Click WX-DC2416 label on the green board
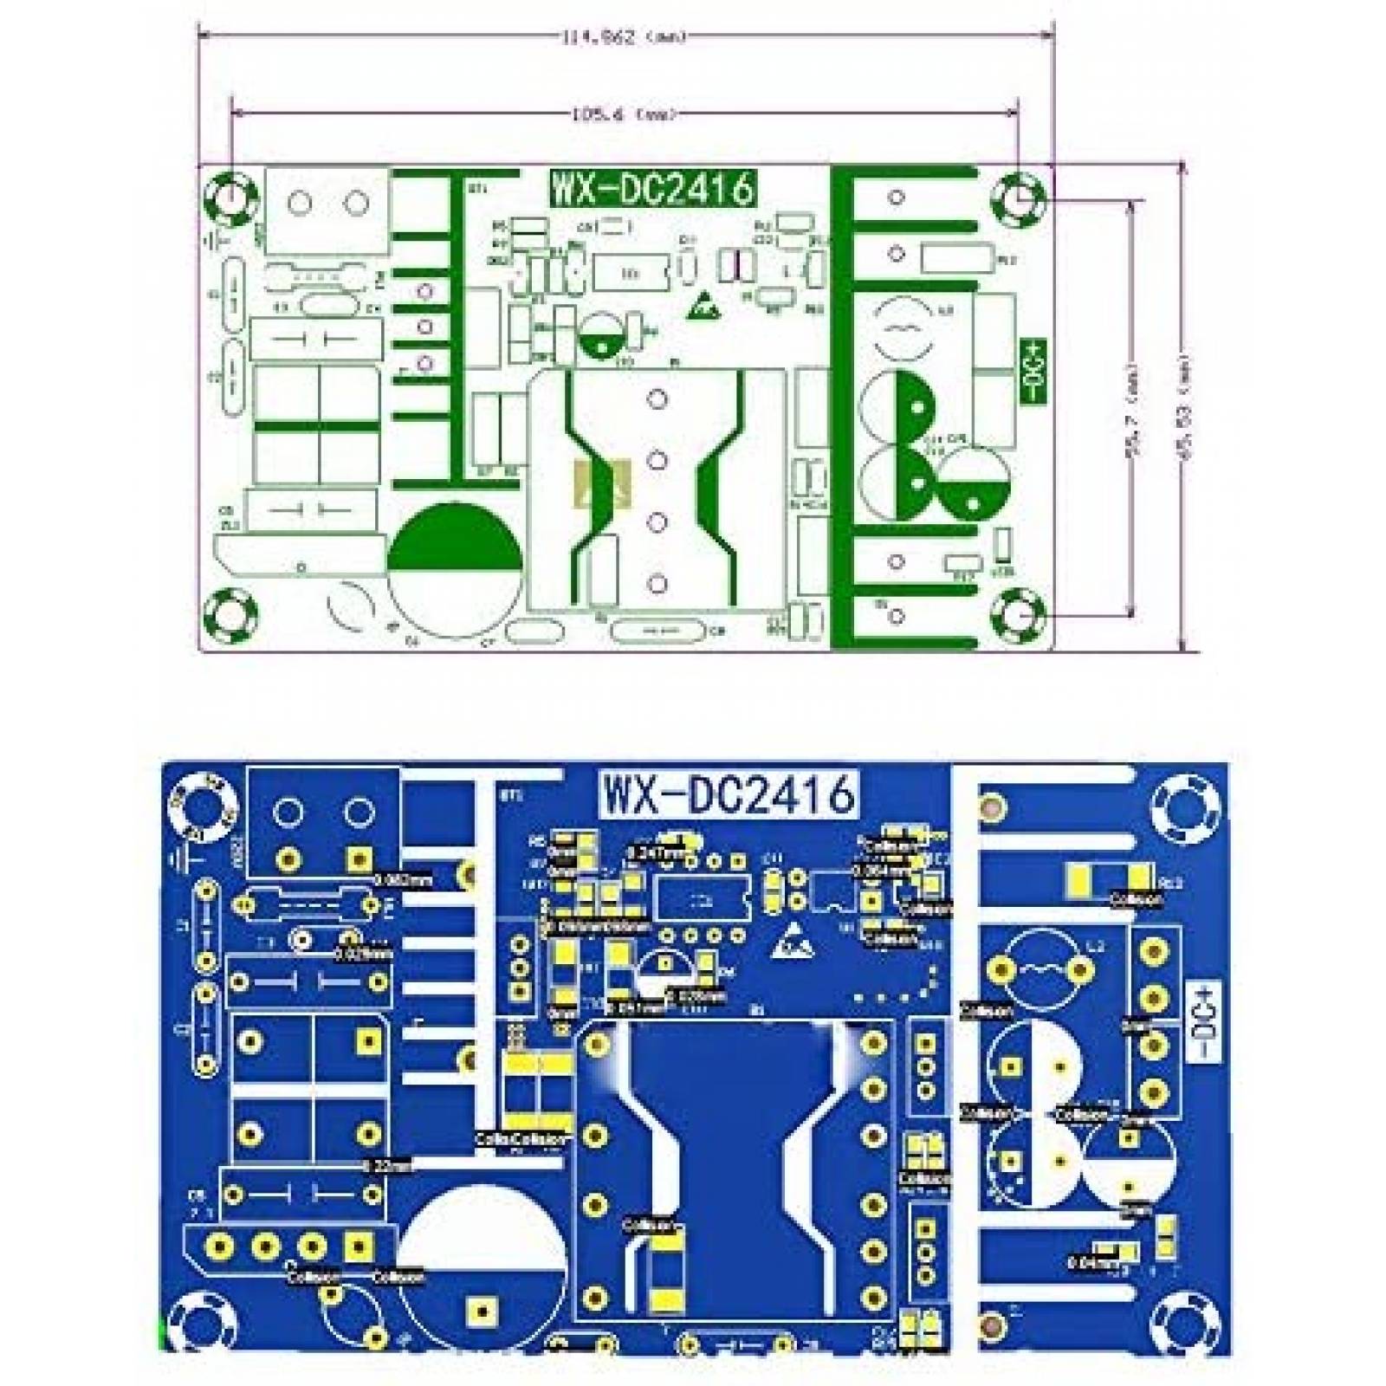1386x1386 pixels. (x=653, y=189)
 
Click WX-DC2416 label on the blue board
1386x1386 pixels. (x=730, y=793)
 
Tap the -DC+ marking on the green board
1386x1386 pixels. (x=1035, y=371)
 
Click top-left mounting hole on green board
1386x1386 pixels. (x=231, y=198)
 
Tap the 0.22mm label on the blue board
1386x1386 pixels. (x=386, y=1167)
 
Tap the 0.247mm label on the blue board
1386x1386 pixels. (x=662, y=852)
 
